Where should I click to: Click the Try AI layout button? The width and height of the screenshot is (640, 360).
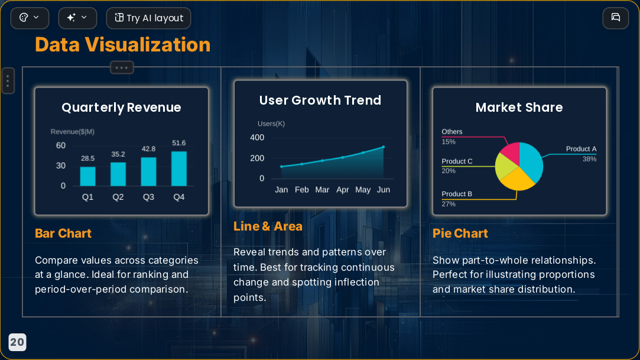click(x=148, y=18)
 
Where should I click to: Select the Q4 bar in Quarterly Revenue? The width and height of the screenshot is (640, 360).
click(x=179, y=168)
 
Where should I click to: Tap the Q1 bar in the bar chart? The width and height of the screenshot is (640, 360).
click(x=87, y=176)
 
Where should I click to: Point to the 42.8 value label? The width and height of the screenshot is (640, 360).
click(x=148, y=149)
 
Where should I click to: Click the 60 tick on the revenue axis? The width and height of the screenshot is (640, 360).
click(x=61, y=145)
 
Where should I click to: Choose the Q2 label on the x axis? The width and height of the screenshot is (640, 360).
click(x=118, y=197)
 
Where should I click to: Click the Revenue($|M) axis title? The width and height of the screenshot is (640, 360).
click(x=73, y=132)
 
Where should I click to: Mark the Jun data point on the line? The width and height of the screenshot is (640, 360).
click(x=384, y=147)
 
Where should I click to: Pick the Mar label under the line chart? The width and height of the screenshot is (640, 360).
click(x=322, y=190)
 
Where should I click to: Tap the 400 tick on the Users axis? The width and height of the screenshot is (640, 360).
click(x=257, y=138)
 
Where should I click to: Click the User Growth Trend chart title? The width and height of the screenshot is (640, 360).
click(x=320, y=100)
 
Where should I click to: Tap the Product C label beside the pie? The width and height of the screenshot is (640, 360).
click(x=457, y=161)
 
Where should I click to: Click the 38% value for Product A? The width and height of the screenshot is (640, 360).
click(x=589, y=159)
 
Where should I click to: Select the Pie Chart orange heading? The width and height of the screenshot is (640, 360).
click(x=460, y=233)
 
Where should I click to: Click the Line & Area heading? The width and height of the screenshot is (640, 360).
click(x=268, y=226)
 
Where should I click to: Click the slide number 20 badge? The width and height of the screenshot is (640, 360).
click(x=17, y=342)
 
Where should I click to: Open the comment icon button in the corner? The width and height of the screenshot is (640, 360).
click(x=616, y=18)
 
